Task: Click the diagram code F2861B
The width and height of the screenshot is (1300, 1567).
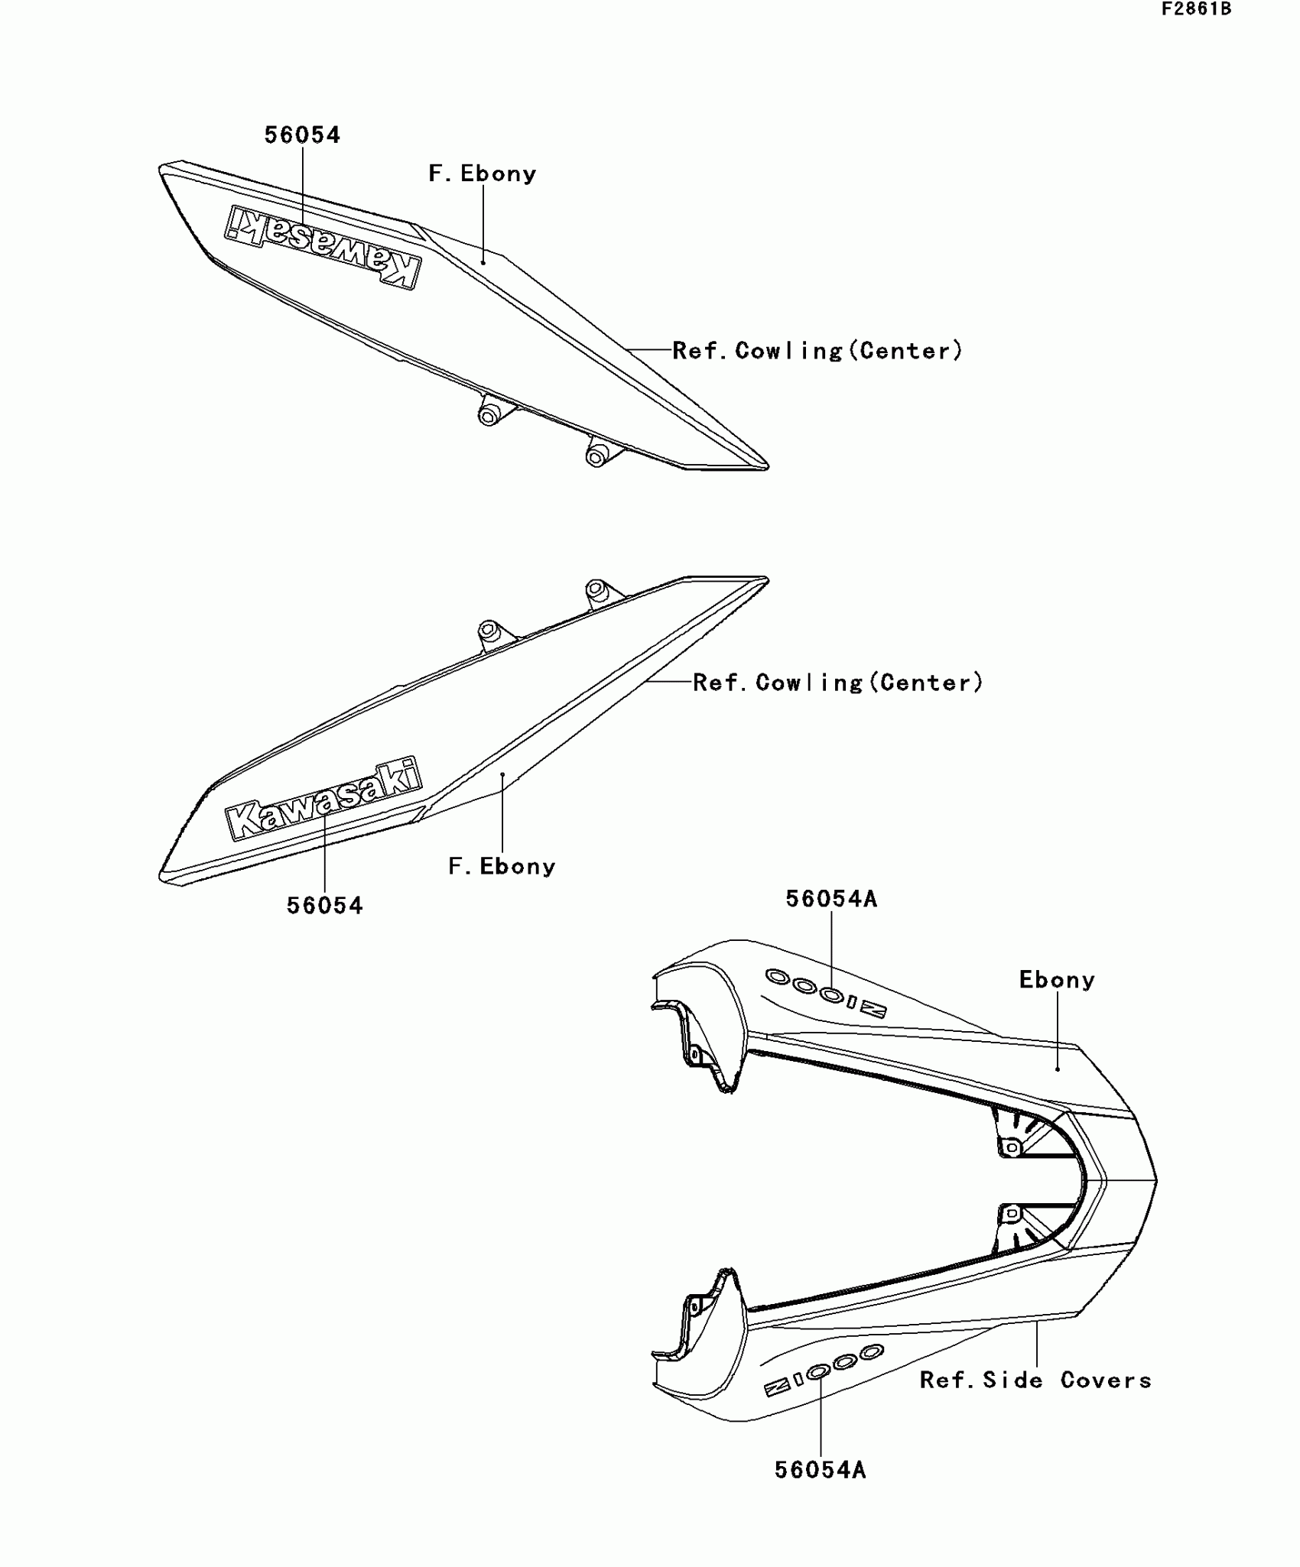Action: tap(1196, 9)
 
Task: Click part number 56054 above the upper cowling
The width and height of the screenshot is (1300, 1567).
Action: tap(302, 135)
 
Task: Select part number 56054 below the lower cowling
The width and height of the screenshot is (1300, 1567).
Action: tap(324, 906)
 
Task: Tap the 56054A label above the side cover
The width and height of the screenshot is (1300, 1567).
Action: tap(831, 899)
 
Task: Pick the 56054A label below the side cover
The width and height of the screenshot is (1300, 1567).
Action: tap(820, 1470)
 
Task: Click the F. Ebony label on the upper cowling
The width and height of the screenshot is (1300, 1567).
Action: tap(483, 174)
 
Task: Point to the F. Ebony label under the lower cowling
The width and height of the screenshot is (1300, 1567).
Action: tap(502, 867)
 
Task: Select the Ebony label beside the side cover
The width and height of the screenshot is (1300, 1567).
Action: tap(1057, 980)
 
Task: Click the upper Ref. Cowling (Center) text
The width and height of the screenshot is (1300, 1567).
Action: tap(817, 351)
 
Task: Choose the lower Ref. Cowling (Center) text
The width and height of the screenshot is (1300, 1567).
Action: tap(837, 683)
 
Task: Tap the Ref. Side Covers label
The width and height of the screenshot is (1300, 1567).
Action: tap(1035, 1380)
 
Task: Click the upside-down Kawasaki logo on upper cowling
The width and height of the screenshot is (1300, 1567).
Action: tap(323, 247)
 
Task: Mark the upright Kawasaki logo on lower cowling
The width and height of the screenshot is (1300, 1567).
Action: tap(323, 799)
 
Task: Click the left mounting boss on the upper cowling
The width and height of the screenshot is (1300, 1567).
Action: tap(489, 414)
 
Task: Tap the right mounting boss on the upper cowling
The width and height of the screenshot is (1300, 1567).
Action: tap(596, 456)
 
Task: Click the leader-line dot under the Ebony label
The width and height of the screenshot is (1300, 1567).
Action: tap(1058, 1069)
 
